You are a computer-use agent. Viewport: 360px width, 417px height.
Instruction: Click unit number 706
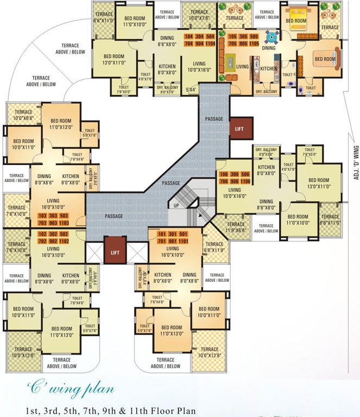[x=224, y=182]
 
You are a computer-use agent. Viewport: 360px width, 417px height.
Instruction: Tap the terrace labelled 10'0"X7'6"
[x=199, y=15]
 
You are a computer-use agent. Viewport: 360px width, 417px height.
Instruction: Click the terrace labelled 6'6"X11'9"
[x=213, y=248]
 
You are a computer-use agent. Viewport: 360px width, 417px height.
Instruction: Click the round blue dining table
[x=269, y=38]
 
